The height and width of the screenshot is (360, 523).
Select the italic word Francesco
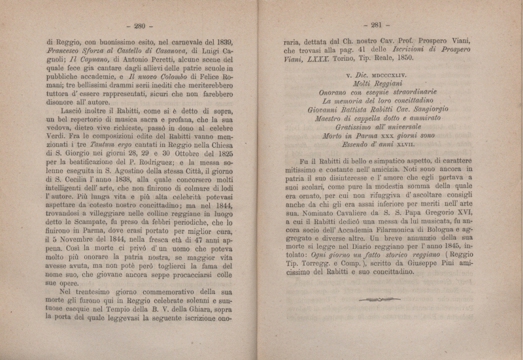coord(65,53)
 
